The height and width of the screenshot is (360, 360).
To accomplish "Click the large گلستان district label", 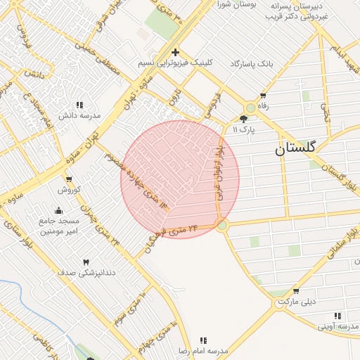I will tap(295, 148).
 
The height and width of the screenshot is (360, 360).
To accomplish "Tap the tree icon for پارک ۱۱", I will tap(243, 120).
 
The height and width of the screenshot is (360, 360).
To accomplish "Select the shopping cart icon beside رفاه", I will tap(263, 96).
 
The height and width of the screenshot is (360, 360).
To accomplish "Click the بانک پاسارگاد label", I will tap(250, 64).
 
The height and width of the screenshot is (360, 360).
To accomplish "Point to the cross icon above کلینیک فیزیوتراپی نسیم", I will tap(175, 52).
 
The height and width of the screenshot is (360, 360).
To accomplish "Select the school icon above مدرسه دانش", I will tap(79, 105).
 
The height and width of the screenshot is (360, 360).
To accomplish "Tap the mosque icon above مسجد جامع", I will tap(58, 210).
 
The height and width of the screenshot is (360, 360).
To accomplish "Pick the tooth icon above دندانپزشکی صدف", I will tap(86, 262).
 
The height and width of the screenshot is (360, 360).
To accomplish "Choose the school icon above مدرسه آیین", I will tap(337, 316).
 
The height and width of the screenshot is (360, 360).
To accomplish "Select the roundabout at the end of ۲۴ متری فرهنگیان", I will tap(222, 226).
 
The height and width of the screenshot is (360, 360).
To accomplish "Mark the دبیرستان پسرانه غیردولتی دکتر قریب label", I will tap(299, 11).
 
